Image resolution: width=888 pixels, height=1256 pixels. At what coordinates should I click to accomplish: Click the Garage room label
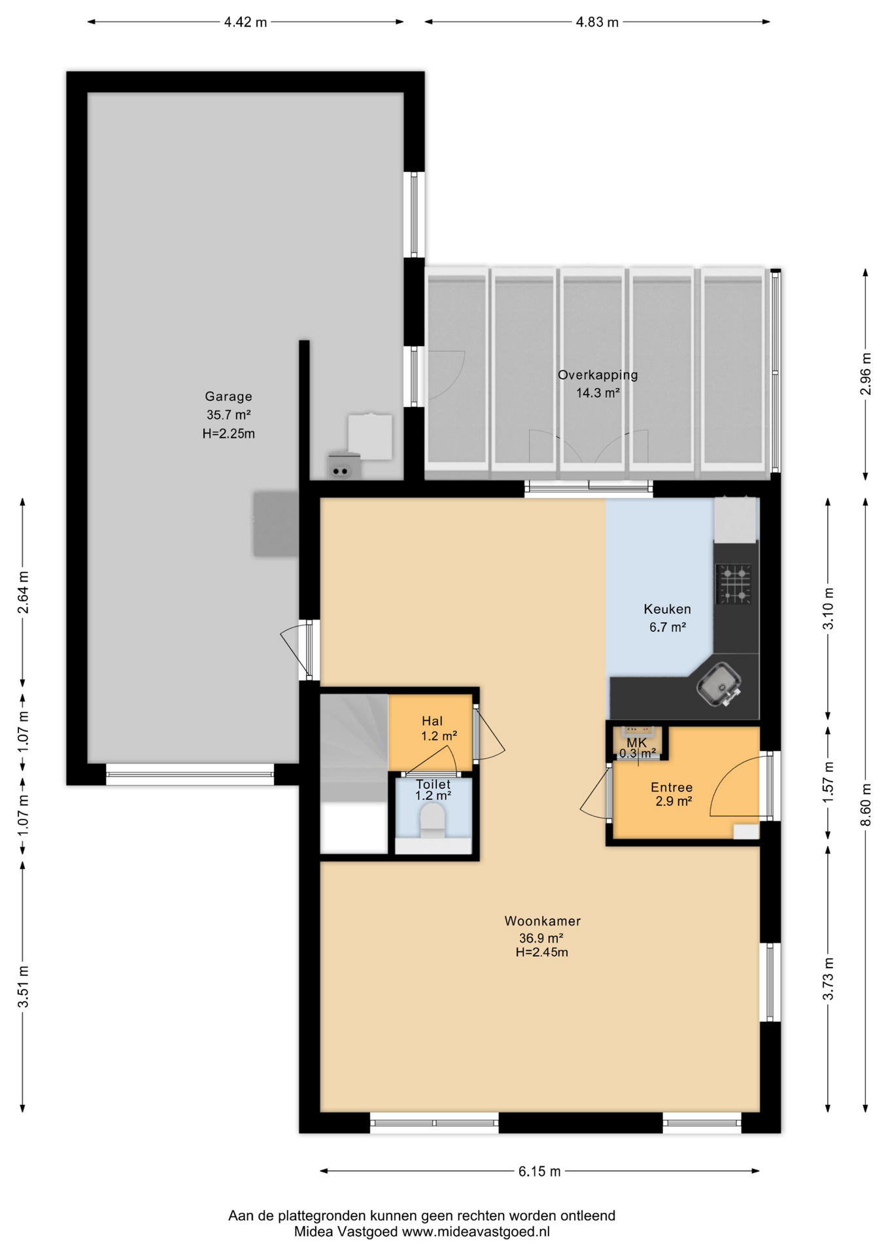click(228, 396)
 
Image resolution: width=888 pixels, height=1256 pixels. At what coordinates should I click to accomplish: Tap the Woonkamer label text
click(543, 921)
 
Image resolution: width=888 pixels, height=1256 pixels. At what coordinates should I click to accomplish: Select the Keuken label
click(667, 609)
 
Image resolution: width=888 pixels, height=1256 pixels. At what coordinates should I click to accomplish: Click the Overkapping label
click(598, 375)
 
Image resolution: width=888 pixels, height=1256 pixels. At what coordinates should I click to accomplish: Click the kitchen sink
click(719, 684)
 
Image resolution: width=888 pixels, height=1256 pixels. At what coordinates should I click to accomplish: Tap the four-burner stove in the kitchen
click(734, 584)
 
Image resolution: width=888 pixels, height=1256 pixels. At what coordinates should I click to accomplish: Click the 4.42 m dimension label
click(245, 22)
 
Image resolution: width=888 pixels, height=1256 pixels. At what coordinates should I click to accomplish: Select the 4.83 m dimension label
click(597, 22)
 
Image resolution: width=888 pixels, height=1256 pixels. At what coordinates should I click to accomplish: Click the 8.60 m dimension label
click(866, 804)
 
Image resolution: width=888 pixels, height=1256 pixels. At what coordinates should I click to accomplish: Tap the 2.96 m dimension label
click(866, 374)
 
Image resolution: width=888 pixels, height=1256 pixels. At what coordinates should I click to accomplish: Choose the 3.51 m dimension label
click(23, 986)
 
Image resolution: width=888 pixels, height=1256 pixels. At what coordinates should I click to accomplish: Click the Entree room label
click(672, 788)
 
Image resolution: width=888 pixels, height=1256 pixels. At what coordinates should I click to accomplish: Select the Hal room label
click(432, 721)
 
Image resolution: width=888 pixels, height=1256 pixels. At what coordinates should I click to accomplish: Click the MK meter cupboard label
click(637, 743)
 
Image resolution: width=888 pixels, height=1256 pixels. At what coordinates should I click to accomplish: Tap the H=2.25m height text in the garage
click(228, 434)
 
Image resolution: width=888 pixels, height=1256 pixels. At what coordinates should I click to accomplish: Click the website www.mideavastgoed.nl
click(475, 1232)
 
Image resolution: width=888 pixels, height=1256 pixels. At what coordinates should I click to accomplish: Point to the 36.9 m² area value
click(541, 938)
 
